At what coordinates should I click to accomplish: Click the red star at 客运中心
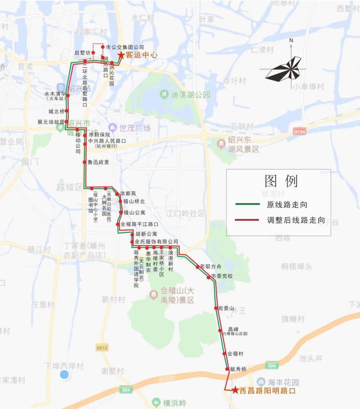[121, 55]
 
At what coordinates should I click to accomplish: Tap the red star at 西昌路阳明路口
[235, 390]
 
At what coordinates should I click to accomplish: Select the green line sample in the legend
[247, 204]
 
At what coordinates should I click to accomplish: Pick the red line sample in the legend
[247, 220]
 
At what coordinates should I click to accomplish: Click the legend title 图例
[281, 181]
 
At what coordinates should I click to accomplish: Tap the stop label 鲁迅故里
[98, 162]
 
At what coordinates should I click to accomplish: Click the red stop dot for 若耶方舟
[198, 267]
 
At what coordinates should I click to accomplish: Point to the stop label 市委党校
[222, 276]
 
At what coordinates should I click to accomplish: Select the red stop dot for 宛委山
[216, 308]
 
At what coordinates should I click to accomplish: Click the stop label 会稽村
[235, 354]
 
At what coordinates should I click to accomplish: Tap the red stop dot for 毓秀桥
[227, 369]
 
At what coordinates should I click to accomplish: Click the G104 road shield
[299, 132]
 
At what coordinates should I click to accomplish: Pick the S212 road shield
[102, 348]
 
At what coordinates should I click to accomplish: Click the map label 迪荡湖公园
[191, 95]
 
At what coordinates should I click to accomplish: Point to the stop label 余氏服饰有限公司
[156, 242]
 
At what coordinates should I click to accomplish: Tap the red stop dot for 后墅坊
[94, 53]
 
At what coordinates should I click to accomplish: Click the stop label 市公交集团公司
[125, 47]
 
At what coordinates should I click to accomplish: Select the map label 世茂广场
[135, 128]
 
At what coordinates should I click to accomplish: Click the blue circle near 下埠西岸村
[64, 375]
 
